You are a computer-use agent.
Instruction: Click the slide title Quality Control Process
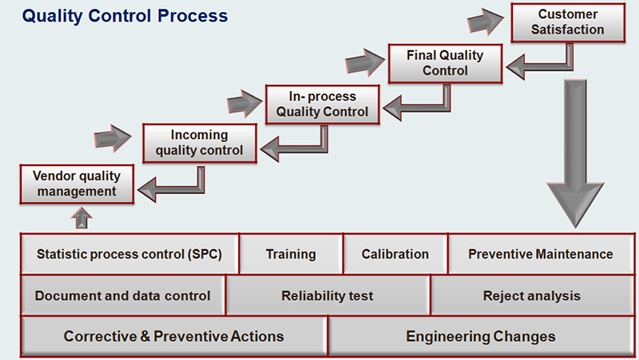click(x=125, y=16)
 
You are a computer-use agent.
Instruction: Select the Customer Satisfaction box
click(x=568, y=22)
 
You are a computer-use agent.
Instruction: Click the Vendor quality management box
click(x=77, y=183)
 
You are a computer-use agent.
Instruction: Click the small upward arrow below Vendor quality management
click(x=83, y=217)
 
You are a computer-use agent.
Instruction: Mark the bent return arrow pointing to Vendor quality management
click(x=172, y=185)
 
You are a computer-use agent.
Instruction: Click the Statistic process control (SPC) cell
click(x=129, y=255)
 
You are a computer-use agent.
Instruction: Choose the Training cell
click(x=291, y=255)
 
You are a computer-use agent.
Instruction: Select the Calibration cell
click(x=395, y=255)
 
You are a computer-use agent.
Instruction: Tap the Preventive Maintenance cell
click(x=540, y=255)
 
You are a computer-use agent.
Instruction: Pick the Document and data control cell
click(x=122, y=295)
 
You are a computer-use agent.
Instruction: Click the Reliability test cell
click(x=327, y=295)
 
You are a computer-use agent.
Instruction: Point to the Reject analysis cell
click(x=531, y=295)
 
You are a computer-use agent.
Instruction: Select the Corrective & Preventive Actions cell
click(x=173, y=336)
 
